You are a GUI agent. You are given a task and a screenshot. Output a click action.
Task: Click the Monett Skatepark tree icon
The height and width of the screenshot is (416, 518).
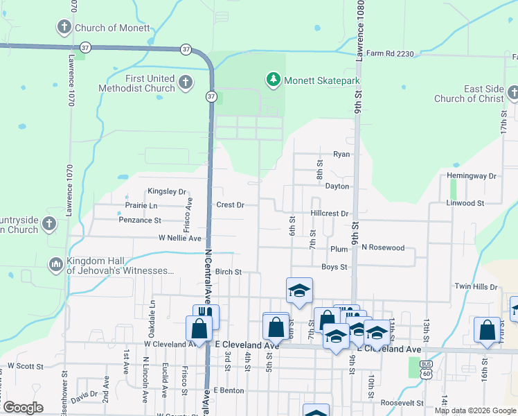point(274,80)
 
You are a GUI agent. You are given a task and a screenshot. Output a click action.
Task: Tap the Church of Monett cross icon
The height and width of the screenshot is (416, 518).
point(64,28)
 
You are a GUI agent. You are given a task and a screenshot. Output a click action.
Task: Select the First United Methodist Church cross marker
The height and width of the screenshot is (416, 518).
point(185,83)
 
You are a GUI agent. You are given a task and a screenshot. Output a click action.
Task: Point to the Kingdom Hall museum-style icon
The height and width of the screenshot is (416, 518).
point(55,264)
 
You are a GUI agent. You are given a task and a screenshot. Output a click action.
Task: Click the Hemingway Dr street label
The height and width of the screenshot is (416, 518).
point(472,176)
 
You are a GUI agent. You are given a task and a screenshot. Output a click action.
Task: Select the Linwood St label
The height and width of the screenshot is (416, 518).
point(465,203)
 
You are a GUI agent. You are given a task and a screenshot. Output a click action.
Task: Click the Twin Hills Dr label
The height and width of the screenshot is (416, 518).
point(476,286)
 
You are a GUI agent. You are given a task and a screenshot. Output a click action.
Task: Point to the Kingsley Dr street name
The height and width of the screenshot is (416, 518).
point(167,191)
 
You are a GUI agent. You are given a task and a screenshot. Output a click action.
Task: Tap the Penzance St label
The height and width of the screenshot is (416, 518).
point(140,220)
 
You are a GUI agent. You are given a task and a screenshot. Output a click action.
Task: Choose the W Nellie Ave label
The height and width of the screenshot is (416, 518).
point(179,238)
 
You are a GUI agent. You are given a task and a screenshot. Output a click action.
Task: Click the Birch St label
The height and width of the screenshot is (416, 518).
point(228,272)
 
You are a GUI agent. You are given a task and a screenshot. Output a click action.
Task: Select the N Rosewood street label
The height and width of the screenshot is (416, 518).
point(382,248)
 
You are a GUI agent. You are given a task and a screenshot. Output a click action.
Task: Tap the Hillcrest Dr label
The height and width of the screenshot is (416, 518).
point(330,214)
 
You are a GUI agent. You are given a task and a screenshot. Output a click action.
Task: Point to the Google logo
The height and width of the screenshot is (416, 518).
point(23,408)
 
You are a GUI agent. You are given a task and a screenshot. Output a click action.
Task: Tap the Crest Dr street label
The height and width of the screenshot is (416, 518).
point(231,205)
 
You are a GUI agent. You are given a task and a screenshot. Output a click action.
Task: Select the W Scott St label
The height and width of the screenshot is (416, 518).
point(26,365)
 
